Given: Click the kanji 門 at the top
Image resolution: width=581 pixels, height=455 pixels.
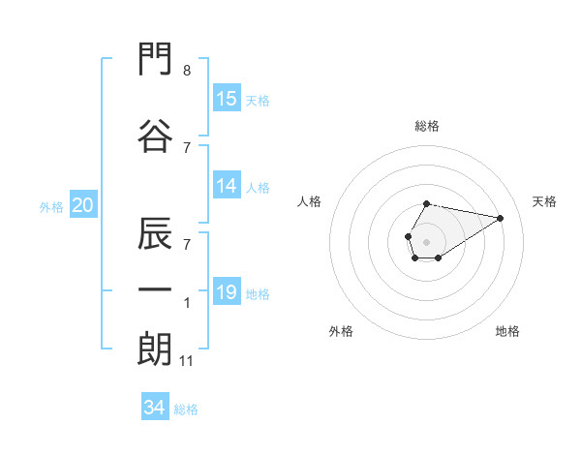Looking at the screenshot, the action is pyautogui.click(x=155, y=58).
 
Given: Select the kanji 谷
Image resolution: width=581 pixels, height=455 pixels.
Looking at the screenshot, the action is pyautogui.click(x=155, y=136).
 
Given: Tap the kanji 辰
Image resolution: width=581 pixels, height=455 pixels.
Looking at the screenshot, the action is pyautogui.click(x=155, y=233).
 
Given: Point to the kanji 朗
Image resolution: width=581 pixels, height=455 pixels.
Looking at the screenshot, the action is pyautogui.click(x=155, y=349).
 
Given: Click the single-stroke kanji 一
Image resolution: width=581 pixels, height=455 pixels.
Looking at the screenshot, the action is pyautogui.click(x=155, y=289).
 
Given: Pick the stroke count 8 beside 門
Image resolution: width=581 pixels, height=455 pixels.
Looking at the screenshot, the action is pyautogui.click(x=187, y=71).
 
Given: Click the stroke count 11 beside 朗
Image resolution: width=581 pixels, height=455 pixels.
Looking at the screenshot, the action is pyautogui.click(x=186, y=361).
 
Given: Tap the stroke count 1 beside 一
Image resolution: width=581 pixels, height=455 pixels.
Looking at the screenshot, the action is pyautogui.click(x=187, y=303).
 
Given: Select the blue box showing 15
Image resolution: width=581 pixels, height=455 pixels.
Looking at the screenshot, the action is pyautogui.click(x=228, y=98).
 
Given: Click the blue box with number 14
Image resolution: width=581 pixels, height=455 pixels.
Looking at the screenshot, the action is pyautogui.click(x=228, y=185).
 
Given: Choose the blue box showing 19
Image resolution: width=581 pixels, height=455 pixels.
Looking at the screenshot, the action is pyautogui.click(x=228, y=290).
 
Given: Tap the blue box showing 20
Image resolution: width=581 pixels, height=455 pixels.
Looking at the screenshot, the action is pyautogui.click(x=83, y=204).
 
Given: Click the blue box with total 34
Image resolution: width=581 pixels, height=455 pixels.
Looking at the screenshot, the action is pyautogui.click(x=155, y=406).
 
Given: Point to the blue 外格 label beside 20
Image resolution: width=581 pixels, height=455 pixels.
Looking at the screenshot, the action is pyautogui.click(x=51, y=207).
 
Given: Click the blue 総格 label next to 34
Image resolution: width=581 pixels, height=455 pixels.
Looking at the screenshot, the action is pyautogui.click(x=186, y=409).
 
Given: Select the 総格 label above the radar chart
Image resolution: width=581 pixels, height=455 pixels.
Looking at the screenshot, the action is pyautogui.click(x=427, y=126).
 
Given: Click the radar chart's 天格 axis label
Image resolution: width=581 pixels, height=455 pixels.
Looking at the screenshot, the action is pyautogui.click(x=544, y=201).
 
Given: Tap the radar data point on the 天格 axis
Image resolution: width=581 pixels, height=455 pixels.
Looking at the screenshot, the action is pyautogui.click(x=500, y=218).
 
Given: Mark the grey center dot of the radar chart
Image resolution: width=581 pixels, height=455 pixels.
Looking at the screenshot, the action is pyautogui.click(x=426, y=242).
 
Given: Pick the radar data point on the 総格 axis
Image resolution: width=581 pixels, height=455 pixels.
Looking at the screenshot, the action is pyautogui.click(x=426, y=204).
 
